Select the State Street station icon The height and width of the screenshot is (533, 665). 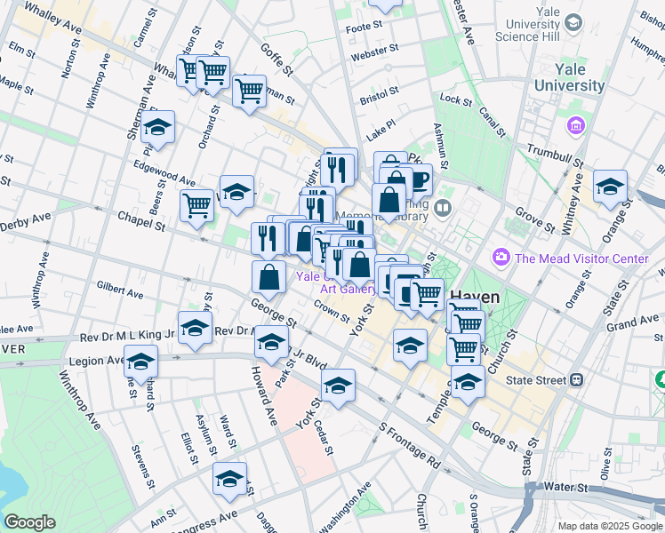(577, 379)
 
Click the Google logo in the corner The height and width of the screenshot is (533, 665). (29, 522)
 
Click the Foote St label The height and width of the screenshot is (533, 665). (364, 28)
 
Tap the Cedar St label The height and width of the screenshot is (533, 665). (324, 437)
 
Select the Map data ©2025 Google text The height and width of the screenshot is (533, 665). (610, 526)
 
